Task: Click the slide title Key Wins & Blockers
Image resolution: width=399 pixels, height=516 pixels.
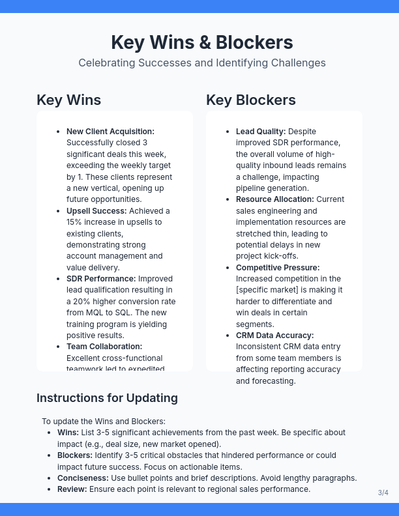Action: pos(201,42)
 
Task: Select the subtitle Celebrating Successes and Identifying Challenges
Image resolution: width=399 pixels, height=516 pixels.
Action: pos(201,63)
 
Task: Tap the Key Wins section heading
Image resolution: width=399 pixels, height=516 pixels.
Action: pos(68,100)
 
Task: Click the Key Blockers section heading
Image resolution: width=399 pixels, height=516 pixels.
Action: pos(250,100)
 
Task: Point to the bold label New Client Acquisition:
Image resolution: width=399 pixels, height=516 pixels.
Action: pos(110,132)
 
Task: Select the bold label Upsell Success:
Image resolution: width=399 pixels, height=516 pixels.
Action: pos(96,211)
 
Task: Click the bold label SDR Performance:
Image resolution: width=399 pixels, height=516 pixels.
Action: pos(101,279)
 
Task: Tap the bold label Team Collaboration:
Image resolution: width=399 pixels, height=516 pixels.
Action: pos(104,347)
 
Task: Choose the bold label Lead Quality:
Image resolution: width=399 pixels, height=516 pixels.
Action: pos(261,132)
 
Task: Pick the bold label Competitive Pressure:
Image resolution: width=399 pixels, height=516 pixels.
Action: pos(278,268)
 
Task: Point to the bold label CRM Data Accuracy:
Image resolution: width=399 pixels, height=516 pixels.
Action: pos(274,336)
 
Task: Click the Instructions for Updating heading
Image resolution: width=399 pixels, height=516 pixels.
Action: pos(107,398)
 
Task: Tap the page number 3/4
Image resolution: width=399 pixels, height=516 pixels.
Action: pos(383,493)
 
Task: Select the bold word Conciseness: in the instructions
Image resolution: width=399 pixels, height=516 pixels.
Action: pos(83,478)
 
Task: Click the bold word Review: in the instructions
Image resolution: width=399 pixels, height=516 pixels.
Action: pos(72,489)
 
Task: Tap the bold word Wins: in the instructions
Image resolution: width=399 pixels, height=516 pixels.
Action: pos(68,433)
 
